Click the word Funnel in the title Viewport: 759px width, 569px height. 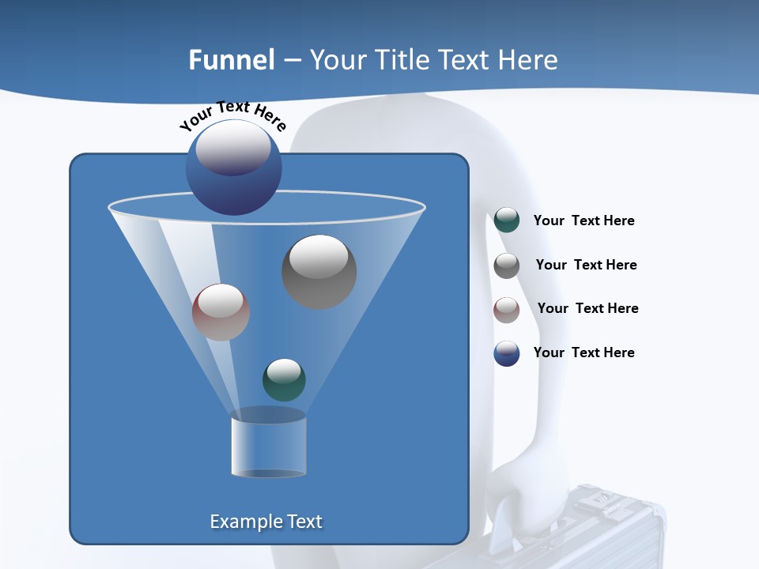pyautogui.click(x=231, y=59)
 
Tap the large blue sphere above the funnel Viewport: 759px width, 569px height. pyautogui.click(x=234, y=167)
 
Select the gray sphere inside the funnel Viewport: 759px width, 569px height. pyautogui.click(x=319, y=272)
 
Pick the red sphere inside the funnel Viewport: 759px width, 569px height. pyautogui.click(x=221, y=312)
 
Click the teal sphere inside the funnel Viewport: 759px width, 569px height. pyautogui.click(x=284, y=379)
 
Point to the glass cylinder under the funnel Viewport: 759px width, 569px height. pyautogui.click(x=268, y=447)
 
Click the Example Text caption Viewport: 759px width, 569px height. pyautogui.click(x=266, y=522)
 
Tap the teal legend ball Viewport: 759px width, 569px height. pyautogui.click(x=507, y=220)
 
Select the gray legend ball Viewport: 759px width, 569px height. pyautogui.click(x=507, y=265)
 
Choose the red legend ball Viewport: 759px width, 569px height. pyautogui.click(x=507, y=309)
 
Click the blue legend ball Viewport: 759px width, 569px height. pyautogui.click(x=507, y=353)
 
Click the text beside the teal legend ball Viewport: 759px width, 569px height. pyautogui.click(x=583, y=220)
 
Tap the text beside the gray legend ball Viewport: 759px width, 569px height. pyautogui.click(x=586, y=265)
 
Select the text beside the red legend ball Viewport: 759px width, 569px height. pyautogui.click(x=587, y=308)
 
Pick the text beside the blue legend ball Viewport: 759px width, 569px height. pyautogui.click(x=583, y=352)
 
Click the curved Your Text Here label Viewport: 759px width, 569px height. pyautogui.click(x=232, y=115)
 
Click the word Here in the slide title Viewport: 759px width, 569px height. pyautogui.click(x=529, y=59)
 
